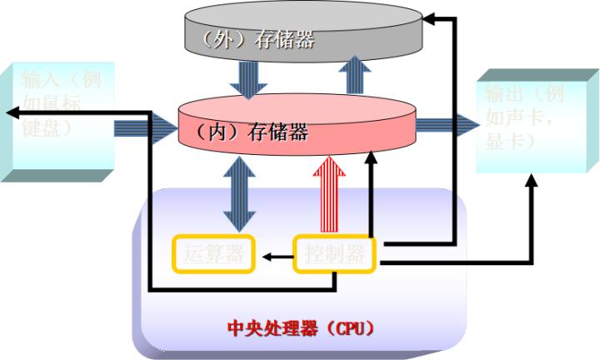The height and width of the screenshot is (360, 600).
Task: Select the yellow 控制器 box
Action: pyautogui.click(x=334, y=255)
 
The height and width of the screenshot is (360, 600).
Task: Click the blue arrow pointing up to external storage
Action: pyautogui.click(x=357, y=75)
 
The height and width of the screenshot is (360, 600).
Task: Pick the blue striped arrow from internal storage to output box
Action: pyautogui.click(x=445, y=127)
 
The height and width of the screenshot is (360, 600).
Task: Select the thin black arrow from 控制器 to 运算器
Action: pyautogui.click(x=275, y=256)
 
